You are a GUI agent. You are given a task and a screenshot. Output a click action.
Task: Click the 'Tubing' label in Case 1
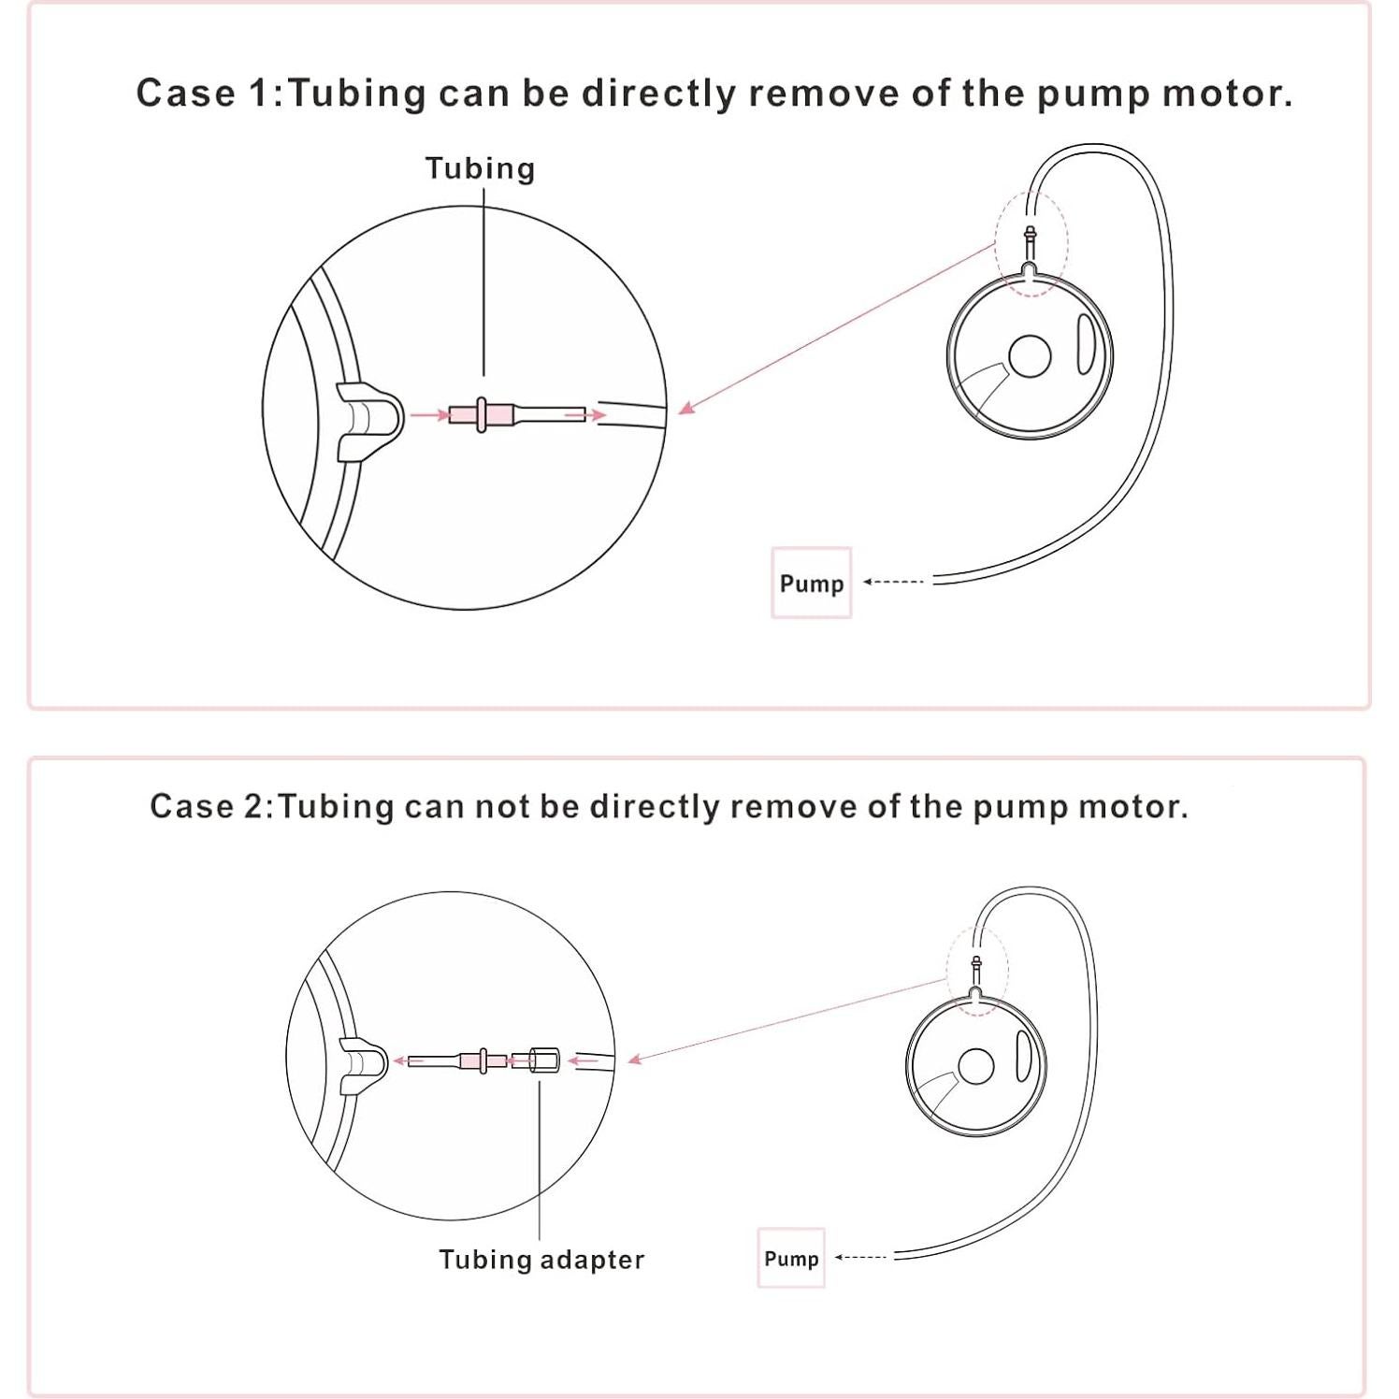pos(480,168)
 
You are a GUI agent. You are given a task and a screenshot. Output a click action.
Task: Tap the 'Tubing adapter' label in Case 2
pos(541,1260)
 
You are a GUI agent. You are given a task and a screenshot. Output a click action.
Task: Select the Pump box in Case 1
pos(811,583)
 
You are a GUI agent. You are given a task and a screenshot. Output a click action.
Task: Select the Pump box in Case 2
pos(791,1258)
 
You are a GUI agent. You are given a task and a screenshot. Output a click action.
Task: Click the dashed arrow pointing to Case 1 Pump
pos(893,582)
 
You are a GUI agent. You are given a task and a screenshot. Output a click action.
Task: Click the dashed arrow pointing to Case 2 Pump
pos(860,1258)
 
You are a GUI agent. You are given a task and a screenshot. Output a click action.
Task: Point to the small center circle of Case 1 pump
pos(1030,356)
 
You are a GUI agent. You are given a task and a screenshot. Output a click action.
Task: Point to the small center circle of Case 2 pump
pos(975,1067)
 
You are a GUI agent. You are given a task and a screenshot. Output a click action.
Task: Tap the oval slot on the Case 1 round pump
pos(1085,343)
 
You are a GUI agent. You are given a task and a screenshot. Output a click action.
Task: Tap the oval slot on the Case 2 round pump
pos(1023,1056)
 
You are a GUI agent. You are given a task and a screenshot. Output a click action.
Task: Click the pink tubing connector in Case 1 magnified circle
pos(481,414)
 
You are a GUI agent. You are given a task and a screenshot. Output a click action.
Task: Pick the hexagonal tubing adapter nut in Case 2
pos(543,1060)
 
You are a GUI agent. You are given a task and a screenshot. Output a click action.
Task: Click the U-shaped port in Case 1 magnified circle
pos(368,421)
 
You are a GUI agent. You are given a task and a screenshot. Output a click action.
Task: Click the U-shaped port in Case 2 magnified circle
pos(363,1065)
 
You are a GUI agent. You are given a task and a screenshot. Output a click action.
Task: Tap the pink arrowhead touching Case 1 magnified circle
pos(687,407)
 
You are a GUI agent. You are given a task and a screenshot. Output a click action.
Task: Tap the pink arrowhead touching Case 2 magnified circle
pos(636,1059)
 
